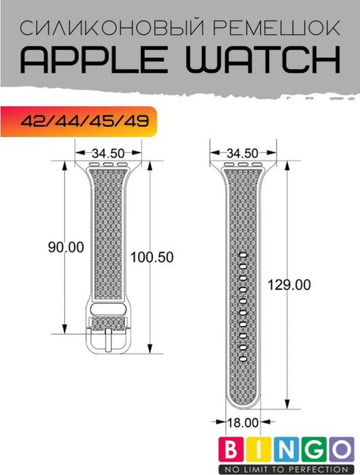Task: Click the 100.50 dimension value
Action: click(153, 258)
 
